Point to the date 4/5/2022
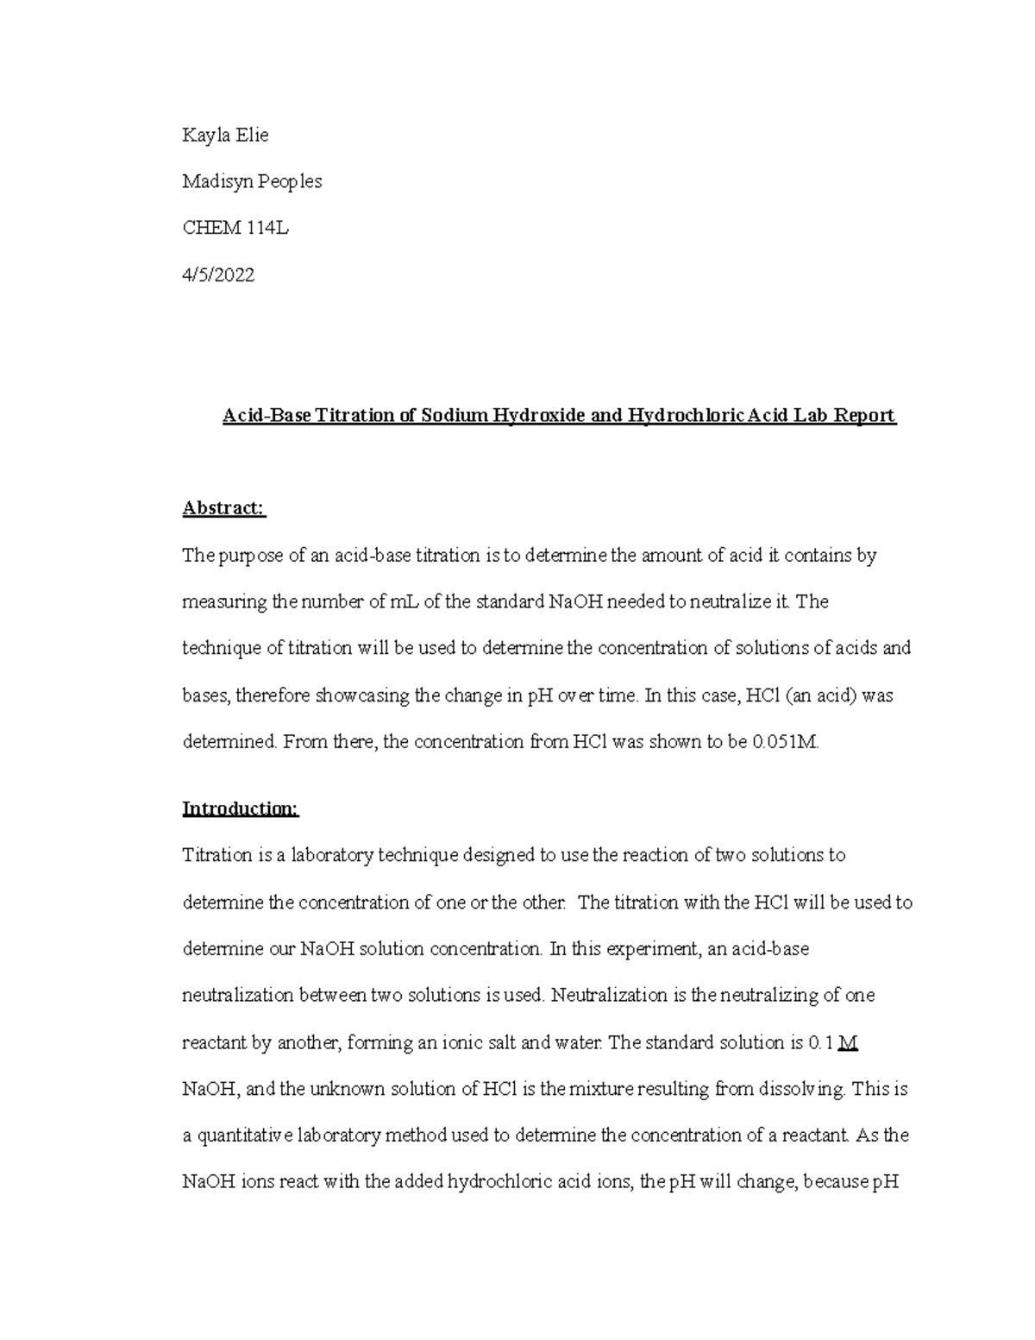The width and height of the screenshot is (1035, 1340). coord(218,275)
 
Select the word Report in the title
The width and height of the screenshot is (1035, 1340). coord(865,416)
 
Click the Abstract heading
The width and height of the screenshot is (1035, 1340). coord(224,508)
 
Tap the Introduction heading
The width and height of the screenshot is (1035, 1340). coord(240,808)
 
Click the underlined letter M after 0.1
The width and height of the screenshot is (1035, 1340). coord(848,1042)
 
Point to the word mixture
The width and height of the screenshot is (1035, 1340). coord(600,1089)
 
